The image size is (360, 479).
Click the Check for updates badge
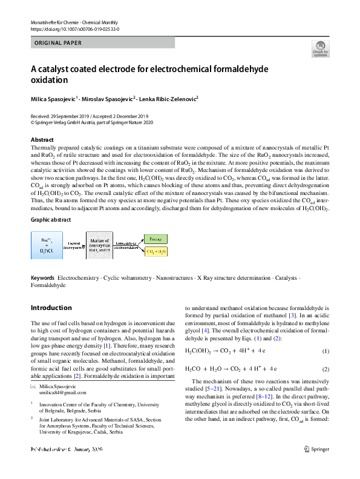coord(319,48)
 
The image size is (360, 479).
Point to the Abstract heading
coord(42,140)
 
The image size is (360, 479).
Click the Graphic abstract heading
coord(51,220)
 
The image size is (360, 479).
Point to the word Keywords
coord(42,278)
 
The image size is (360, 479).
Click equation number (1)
coord(325,352)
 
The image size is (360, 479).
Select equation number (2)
coord(325,369)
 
